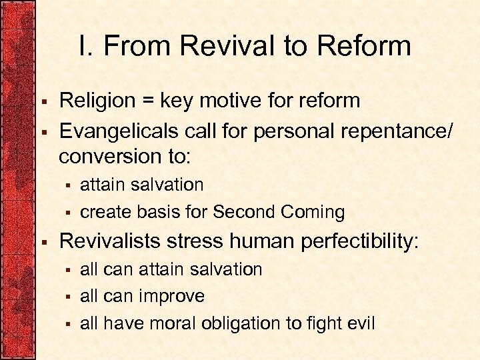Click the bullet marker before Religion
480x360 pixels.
tap(43, 102)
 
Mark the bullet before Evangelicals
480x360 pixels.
tap(43, 131)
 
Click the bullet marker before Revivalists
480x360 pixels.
tap(43, 242)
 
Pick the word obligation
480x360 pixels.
tap(260, 324)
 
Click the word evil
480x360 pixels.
tap(360, 324)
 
